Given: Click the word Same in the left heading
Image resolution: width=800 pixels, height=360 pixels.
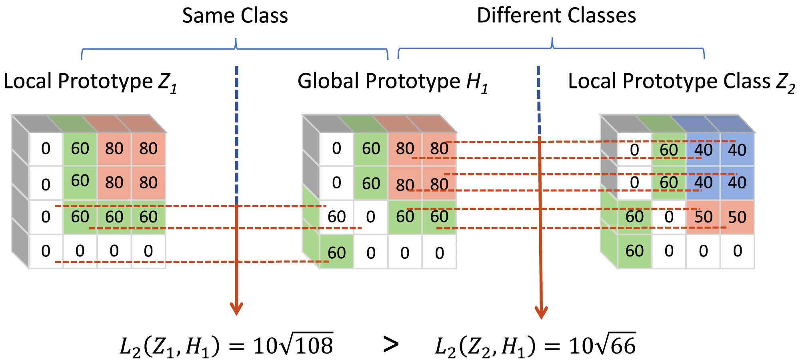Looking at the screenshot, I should pos(204,16).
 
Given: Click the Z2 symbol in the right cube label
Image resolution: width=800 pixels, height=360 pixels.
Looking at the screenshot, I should pos(785,83).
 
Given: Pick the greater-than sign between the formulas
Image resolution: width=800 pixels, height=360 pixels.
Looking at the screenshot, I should pos(391,345).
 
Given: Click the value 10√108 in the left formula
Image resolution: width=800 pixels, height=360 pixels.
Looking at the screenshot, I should pos(293,345).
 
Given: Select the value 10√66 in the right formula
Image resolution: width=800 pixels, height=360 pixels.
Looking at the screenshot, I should pos(602,345).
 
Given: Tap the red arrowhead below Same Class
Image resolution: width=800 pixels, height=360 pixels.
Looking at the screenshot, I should pos(236,309).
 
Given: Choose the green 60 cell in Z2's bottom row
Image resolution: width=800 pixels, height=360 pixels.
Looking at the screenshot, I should pos(634,251).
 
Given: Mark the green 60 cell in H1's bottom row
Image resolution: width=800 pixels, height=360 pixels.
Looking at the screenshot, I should pos(336,252).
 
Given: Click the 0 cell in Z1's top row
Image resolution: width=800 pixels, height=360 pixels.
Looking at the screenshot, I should pos(46,149).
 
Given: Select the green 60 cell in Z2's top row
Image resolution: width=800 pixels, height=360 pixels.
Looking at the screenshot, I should pos(668,150).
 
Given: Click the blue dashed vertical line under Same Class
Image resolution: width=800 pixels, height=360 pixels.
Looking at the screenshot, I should pos(236,132).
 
